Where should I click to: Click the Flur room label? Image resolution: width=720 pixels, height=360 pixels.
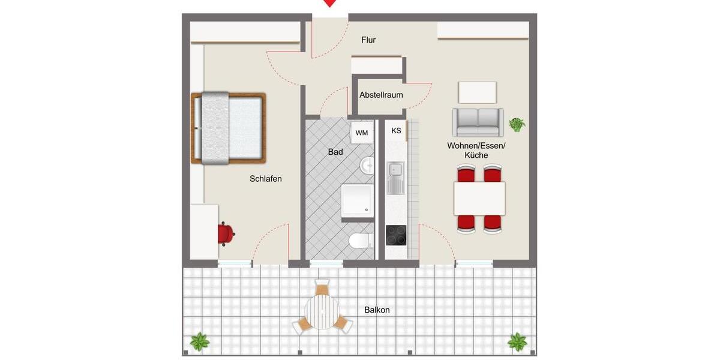click(368, 40)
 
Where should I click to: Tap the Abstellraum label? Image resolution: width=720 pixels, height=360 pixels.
click(381, 95)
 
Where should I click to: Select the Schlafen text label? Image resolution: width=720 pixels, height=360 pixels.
click(266, 179)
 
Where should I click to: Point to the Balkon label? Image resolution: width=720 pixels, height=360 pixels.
click(377, 310)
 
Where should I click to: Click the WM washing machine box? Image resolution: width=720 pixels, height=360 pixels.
click(361, 133)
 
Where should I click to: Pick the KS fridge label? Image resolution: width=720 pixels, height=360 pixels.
click(396, 131)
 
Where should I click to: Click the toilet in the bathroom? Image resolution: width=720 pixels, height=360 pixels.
click(359, 241)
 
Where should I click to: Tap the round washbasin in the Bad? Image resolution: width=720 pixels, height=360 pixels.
click(367, 166)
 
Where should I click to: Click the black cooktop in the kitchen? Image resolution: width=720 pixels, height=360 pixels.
click(396, 236)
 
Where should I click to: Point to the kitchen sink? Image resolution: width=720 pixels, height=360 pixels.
click(395, 178)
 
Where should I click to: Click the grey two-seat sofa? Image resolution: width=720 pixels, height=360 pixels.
click(478, 122)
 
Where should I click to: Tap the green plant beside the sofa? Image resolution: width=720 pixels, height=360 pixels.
click(517, 125)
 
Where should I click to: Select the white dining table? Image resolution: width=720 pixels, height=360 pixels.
click(479, 199)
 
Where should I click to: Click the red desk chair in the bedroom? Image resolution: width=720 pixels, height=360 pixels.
click(226, 233)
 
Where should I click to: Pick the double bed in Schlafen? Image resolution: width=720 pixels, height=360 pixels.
click(229, 128)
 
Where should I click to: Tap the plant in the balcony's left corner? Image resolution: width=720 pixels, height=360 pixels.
click(200, 342)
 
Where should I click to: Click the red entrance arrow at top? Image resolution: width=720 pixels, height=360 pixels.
click(329, 3)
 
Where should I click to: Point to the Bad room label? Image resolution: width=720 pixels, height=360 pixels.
click(335, 152)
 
